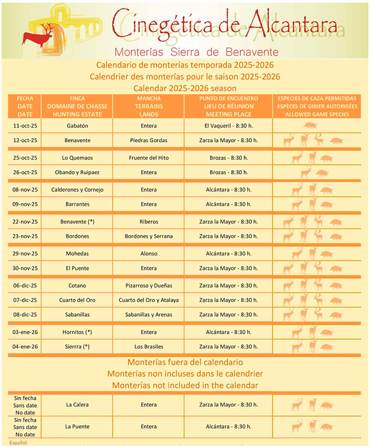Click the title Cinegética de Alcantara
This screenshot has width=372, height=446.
225,22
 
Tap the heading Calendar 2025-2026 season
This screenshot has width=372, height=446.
185,88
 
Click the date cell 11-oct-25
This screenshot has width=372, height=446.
25,125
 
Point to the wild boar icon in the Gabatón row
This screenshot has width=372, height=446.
310,126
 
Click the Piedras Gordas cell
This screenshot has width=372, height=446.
149,140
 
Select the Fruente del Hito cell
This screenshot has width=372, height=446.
149,158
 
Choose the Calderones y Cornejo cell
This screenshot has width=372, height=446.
78,190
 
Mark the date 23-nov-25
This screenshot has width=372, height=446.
25,236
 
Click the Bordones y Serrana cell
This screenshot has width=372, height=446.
149,236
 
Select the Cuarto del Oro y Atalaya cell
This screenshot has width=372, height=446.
149,300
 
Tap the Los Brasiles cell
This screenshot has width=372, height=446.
149,347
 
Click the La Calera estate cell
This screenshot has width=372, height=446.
78,405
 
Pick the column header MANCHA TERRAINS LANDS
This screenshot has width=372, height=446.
149,106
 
